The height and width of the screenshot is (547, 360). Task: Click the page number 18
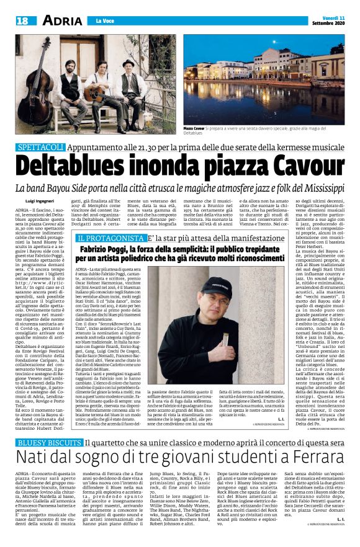pos(22,21)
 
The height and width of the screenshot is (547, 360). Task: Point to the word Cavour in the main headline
pos(300,166)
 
